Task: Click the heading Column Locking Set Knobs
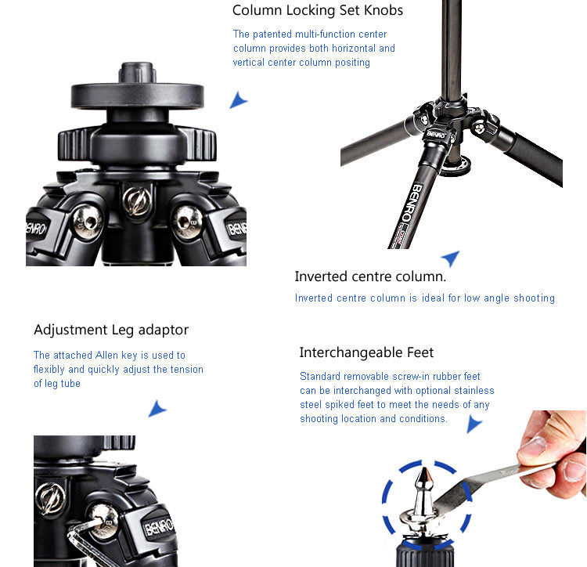click(318, 10)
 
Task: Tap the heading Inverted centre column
click(370, 276)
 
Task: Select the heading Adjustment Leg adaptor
click(111, 330)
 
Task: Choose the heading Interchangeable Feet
click(366, 352)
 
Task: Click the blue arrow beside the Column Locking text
click(238, 100)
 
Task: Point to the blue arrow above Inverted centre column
click(451, 258)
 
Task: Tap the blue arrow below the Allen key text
click(157, 409)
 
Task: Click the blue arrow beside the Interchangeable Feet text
click(474, 424)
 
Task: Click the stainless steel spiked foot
click(424, 502)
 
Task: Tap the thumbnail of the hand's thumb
click(531, 446)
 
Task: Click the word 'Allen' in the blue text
click(106, 355)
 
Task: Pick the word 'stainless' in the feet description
click(474, 391)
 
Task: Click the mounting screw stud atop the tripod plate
click(138, 73)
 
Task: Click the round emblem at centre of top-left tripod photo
click(137, 201)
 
